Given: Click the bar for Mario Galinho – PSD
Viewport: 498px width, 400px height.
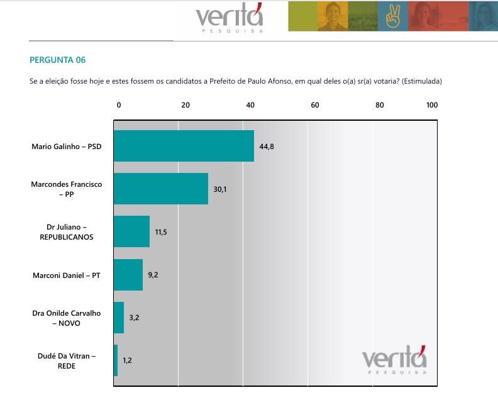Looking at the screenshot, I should pyautogui.click(x=184, y=146).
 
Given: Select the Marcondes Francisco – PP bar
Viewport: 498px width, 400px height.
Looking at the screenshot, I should pyautogui.click(x=160, y=189).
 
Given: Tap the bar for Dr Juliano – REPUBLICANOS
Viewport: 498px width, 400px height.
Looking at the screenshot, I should pyautogui.click(x=131, y=231).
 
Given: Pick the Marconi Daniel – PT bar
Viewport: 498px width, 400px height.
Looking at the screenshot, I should pyautogui.click(x=128, y=275).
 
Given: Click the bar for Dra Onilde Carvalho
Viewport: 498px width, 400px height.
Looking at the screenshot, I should pyautogui.click(x=119, y=318).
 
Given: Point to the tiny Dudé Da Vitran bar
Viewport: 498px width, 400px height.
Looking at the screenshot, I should pyautogui.click(x=116, y=360).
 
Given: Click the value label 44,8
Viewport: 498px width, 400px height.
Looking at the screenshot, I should pyautogui.click(x=267, y=146).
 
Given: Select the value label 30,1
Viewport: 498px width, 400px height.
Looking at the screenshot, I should pyautogui.click(x=219, y=189).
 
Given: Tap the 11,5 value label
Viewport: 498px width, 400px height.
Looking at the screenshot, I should pyautogui.click(x=161, y=232).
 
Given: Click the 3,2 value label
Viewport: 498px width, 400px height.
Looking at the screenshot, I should pyautogui.click(x=134, y=318).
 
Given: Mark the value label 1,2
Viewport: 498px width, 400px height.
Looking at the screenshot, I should pyautogui.click(x=127, y=360).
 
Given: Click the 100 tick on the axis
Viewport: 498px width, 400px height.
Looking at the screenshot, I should pyautogui.click(x=432, y=105).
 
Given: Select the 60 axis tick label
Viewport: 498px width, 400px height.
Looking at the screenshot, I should pyautogui.click(x=315, y=105).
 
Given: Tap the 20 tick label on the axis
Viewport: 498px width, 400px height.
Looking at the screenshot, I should pyautogui.click(x=185, y=105).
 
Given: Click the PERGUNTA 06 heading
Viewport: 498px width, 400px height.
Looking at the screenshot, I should pyautogui.click(x=57, y=60).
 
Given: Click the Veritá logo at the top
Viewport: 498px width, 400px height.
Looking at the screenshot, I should pyautogui.click(x=230, y=18).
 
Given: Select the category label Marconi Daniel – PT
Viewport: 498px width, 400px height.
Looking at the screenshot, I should pyautogui.click(x=67, y=275).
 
